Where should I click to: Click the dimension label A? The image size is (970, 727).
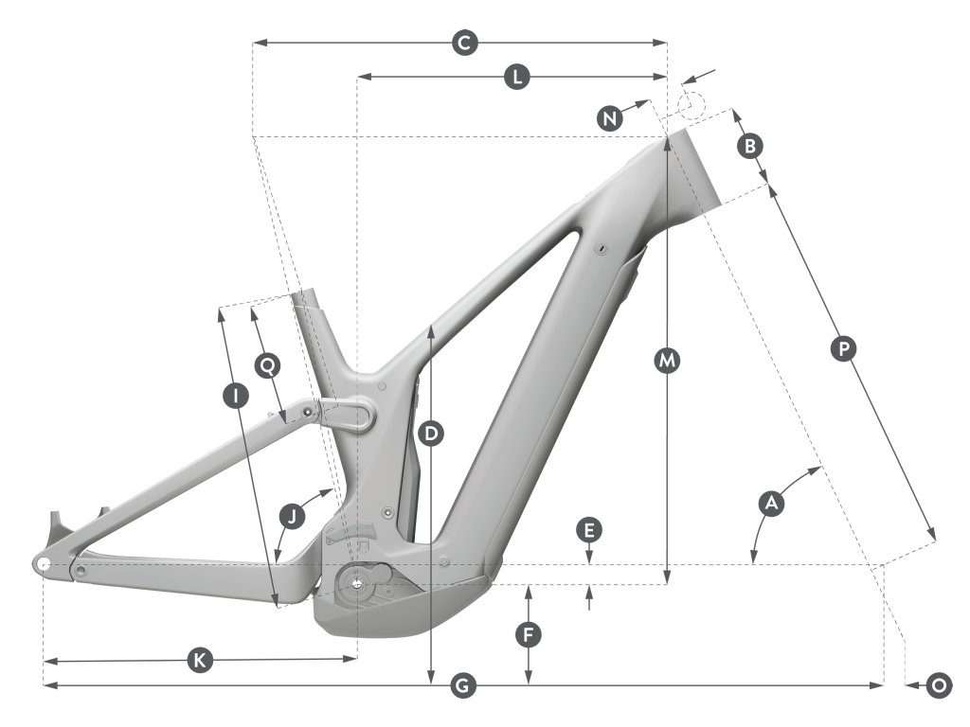[x=771, y=504]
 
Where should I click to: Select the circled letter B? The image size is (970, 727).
[x=749, y=146]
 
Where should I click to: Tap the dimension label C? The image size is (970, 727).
[x=463, y=43]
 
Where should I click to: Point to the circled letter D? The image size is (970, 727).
[x=431, y=434]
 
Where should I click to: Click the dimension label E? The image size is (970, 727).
[x=589, y=530]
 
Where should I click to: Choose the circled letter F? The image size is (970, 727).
[x=529, y=634]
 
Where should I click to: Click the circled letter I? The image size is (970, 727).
[x=234, y=396]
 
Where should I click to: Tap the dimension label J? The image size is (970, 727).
[x=293, y=516]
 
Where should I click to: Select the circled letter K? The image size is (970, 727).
[x=198, y=661]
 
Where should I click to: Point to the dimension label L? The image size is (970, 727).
[x=514, y=78]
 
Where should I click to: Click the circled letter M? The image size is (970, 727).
[x=669, y=361]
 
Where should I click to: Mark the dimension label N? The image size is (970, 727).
[x=611, y=117]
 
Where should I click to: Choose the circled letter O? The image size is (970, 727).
[x=939, y=685]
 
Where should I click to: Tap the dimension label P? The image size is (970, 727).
[x=842, y=348]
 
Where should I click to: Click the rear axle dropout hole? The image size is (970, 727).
[x=44, y=564]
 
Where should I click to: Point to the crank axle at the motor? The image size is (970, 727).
[x=356, y=583]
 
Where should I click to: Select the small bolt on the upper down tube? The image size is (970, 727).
[x=602, y=248]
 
